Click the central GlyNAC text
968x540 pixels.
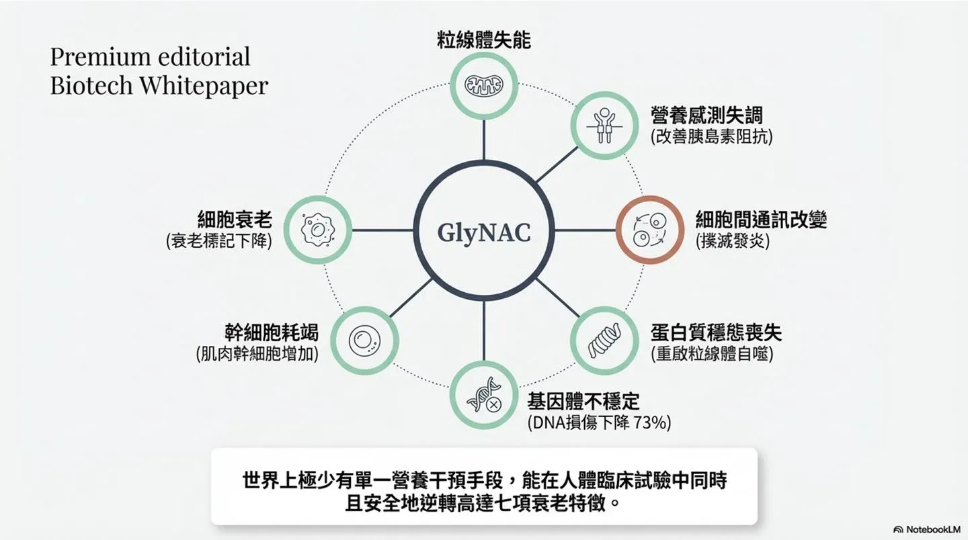(483, 233)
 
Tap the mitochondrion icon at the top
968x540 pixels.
(483, 85)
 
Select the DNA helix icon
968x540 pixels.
(484, 395)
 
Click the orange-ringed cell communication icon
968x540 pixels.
(649, 230)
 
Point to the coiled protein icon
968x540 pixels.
(604, 341)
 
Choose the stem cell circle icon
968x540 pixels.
(364, 341)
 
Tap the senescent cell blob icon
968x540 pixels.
(317, 230)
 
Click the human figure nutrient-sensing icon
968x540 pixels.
(604, 125)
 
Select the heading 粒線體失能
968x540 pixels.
(483, 40)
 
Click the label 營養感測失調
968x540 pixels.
(707, 116)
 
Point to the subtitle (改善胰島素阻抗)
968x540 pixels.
(712, 137)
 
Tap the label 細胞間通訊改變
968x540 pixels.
(761, 220)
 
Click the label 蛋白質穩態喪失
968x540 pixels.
(716, 333)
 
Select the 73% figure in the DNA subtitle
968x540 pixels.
(653, 422)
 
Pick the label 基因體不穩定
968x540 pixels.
(583, 402)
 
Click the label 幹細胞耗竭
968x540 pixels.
(272, 332)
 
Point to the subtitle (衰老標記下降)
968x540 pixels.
(219, 241)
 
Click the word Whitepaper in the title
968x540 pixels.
(204, 85)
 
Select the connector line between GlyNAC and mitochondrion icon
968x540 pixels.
(483, 140)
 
